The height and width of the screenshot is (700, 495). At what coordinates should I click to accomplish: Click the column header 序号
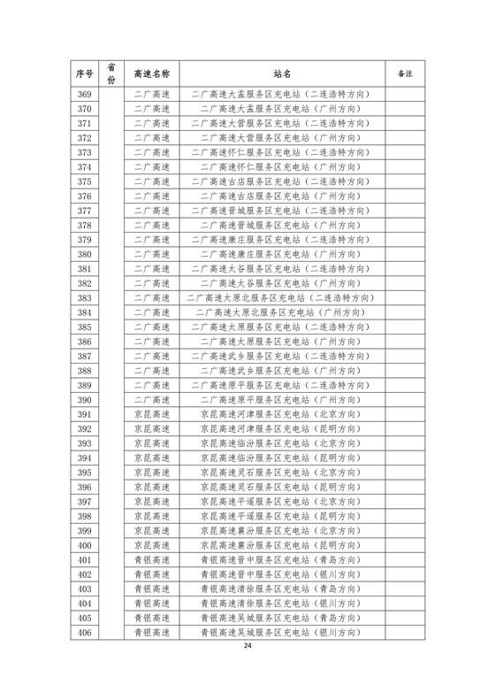click(x=84, y=73)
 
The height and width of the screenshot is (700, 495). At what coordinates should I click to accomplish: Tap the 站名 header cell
click(x=283, y=73)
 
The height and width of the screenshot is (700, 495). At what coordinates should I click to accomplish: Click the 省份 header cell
click(x=111, y=73)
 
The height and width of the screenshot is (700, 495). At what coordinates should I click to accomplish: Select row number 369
click(x=84, y=94)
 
